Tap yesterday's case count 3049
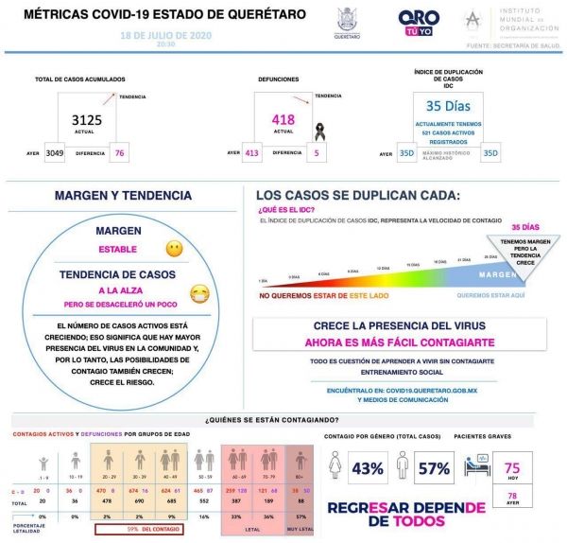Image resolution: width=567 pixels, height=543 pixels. (x=55, y=152)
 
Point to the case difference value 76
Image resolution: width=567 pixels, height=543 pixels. (x=119, y=152)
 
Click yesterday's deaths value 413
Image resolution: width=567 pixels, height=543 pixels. (x=250, y=152)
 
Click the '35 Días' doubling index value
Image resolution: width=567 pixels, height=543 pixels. (x=447, y=106)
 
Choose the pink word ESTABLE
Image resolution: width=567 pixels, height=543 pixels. (x=118, y=250)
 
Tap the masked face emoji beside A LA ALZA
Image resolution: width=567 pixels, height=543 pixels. (x=198, y=294)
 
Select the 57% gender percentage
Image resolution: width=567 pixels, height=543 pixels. (x=434, y=468)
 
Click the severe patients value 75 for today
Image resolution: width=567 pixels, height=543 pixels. (x=512, y=467)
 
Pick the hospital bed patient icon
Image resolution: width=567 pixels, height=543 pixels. (x=475, y=464)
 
